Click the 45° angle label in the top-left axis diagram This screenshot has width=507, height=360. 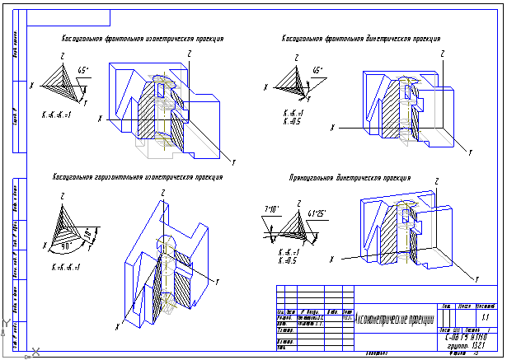click(82, 70)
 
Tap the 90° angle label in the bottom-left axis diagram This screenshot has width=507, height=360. click(66, 245)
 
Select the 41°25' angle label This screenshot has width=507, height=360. click(317, 214)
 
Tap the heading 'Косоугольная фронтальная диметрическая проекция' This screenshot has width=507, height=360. click(361, 39)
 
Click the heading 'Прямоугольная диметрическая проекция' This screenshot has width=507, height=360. click(361, 178)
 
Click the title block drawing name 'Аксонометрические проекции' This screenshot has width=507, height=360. click(393, 319)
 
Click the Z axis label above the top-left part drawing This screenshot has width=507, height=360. click(189, 54)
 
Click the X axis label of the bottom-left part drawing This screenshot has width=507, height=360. click(118, 326)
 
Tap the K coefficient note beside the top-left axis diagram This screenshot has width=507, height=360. click(57, 114)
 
